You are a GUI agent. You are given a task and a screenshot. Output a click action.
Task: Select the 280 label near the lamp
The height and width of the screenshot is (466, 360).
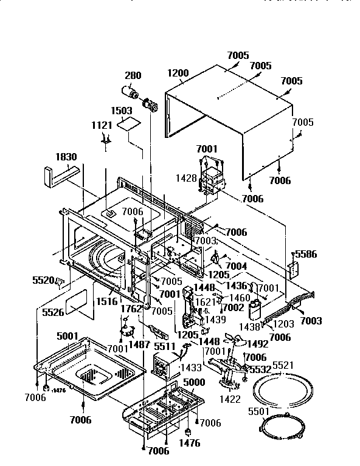coord(133,76)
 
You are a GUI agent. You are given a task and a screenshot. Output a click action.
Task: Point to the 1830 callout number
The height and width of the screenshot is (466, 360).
coord(66,156)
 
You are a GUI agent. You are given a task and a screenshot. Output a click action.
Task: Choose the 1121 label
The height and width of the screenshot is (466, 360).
coord(102,125)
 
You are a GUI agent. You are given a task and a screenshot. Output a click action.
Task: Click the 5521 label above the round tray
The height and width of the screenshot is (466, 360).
coord(283,365)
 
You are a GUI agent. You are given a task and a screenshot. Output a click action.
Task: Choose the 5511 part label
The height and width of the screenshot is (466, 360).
coord(164,346)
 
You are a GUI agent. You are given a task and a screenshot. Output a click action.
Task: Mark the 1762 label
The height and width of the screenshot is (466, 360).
coord(131,309)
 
